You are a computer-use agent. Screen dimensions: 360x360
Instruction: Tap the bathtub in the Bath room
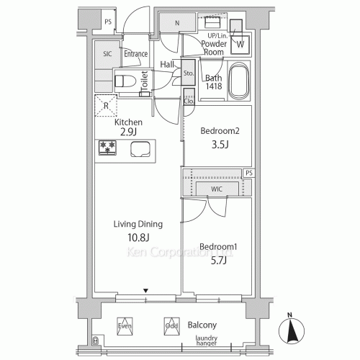click(x=238, y=81)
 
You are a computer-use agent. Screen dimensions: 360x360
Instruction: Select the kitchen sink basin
click(x=140, y=149)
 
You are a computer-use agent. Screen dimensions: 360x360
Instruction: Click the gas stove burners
click(x=107, y=148)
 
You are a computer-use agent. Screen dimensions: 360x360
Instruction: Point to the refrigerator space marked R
click(x=106, y=106)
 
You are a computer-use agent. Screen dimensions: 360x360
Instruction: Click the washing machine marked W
click(x=240, y=45)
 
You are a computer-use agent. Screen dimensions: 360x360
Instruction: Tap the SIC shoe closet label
click(x=107, y=54)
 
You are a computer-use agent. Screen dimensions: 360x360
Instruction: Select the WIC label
click(x=217, y=189)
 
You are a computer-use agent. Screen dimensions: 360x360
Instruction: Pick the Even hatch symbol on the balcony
click(x=125, y=326)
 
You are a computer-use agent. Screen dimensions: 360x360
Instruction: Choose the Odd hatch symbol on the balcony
click(x=172, y=326)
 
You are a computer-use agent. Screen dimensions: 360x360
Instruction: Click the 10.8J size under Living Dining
click(x=138, y=238)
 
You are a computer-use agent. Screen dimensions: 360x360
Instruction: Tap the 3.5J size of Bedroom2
click(x=220, y=145)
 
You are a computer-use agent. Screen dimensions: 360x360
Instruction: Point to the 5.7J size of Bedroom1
click(x=218, y=261)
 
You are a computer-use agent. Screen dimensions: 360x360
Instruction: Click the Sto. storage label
click(x=189, y=73)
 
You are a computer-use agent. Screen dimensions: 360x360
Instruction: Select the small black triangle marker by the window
click(x=145, y=291)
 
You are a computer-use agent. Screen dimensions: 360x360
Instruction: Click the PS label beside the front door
click(x=108, y=22)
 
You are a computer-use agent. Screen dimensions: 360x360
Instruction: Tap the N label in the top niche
click(x=177, y=23)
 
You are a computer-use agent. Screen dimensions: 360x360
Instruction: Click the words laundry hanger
click(x=207, y=341)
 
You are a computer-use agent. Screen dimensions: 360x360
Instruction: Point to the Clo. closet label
click(x=189, y=102)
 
